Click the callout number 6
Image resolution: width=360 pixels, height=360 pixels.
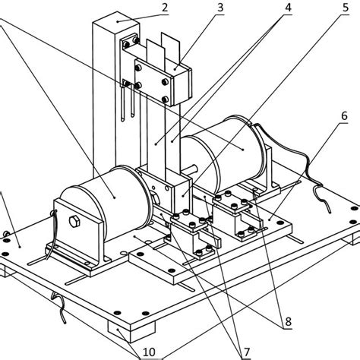tap(343, 115)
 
